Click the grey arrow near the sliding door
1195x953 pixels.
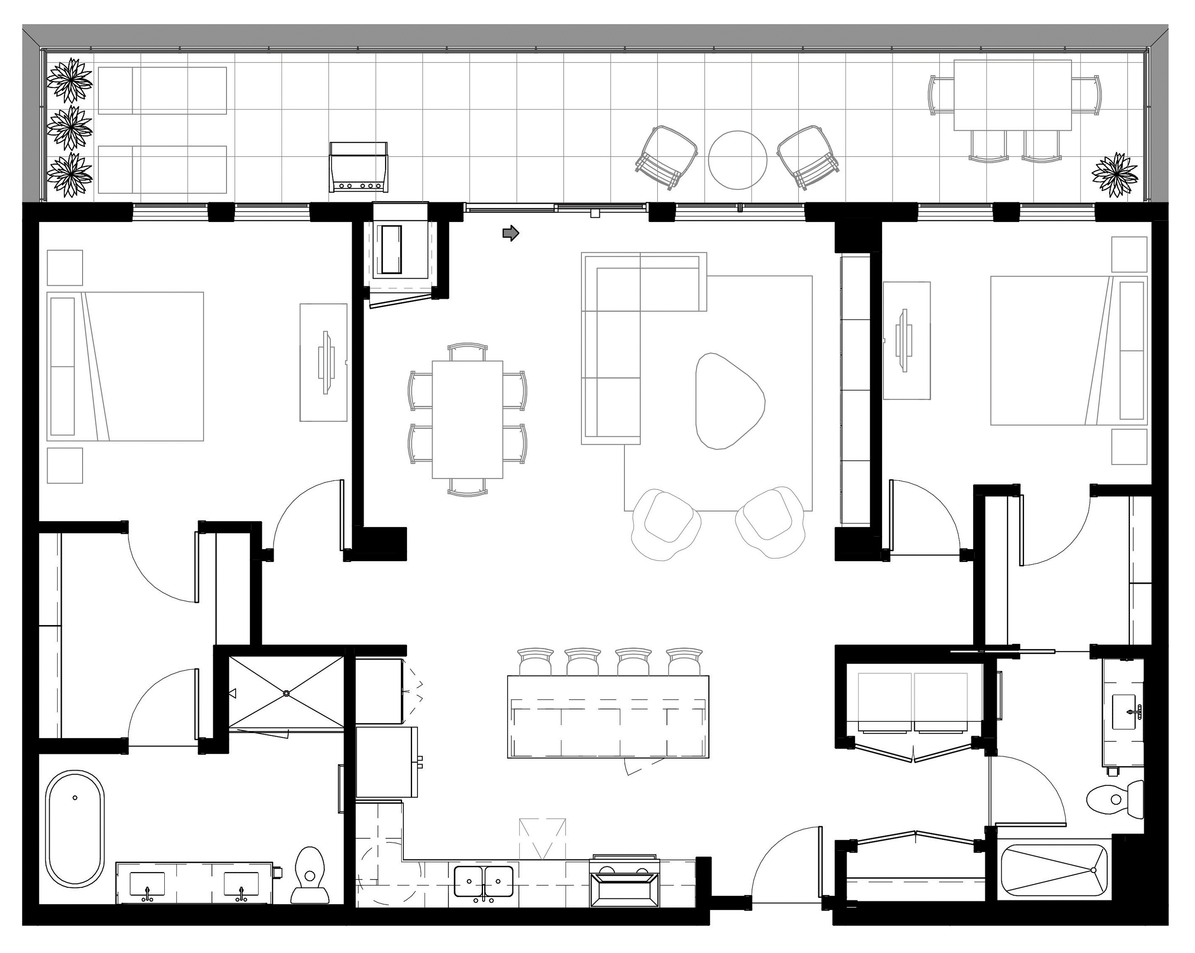(x=510, y=233)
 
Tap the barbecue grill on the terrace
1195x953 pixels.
(x=358, y=166)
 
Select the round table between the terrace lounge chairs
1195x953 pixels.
(x=737, y=160)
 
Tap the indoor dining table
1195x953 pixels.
(x=467, y=419)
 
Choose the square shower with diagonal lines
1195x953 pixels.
(x=286, y=693)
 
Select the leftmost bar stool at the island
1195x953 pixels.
(x=535, y=661)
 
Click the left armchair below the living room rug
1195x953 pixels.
(x=665, y=521)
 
